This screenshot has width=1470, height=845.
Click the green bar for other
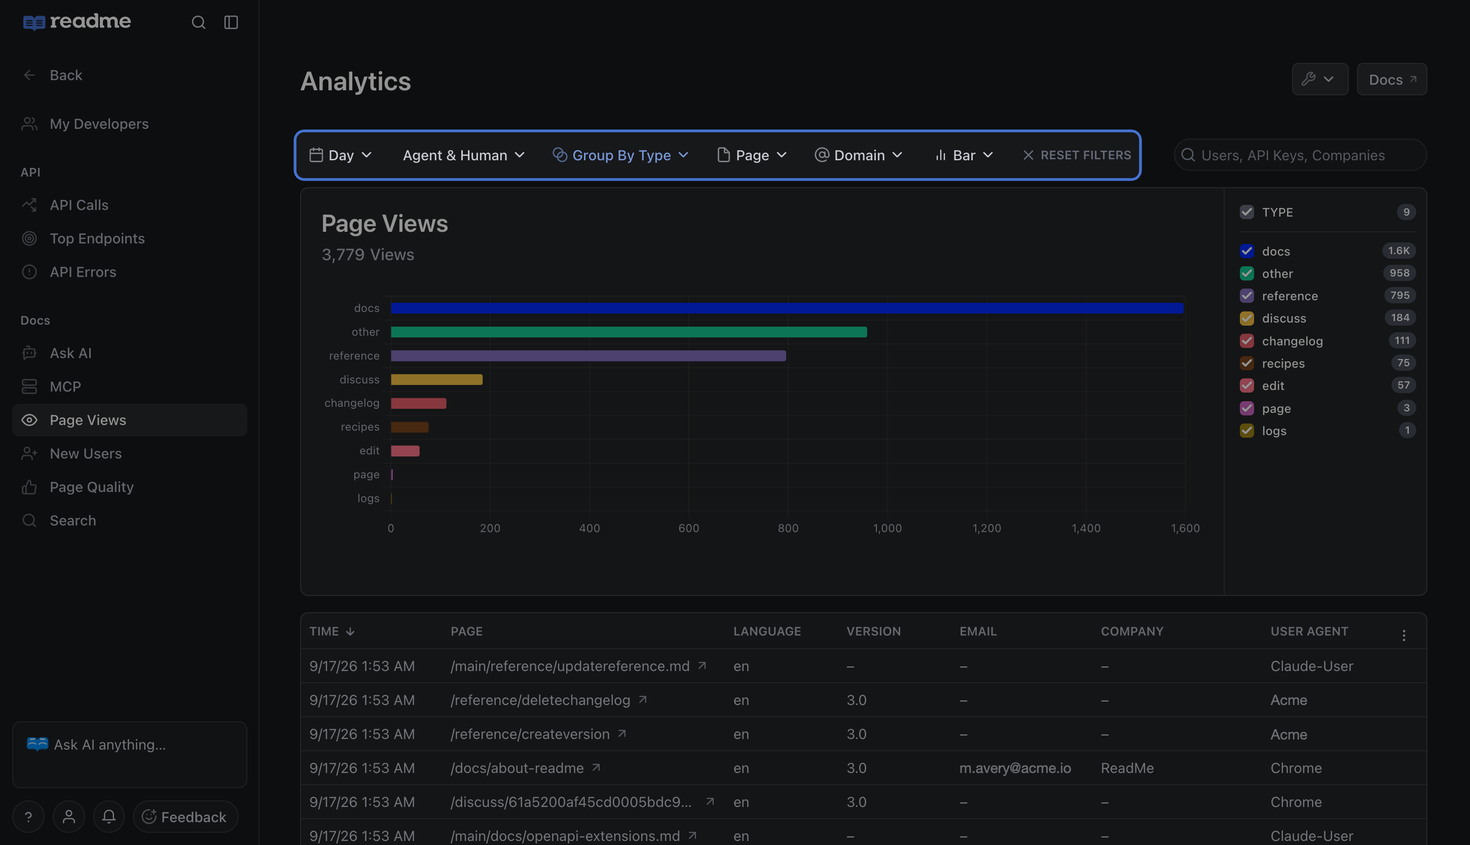click(x=629, y=332)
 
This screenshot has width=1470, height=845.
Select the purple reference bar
click(x=589, y=356)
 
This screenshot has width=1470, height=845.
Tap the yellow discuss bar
click(x=436, y=379)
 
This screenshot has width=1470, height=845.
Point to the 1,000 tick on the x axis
click(x=887, y=528)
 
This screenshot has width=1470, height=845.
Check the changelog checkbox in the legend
click(x=1247, y=341)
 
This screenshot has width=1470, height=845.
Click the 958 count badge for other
click(x=1399, y=273)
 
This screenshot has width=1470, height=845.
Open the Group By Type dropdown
click(x=620, y=155)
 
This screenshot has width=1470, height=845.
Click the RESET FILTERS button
click(x=1077, y=155)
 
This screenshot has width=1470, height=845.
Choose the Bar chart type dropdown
click(x=964, y=155)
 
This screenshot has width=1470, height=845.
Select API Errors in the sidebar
click(x=83, y=272)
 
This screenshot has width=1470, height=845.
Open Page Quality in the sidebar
click(x=92, y=487)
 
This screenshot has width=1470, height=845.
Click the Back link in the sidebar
click(x=65, y=75)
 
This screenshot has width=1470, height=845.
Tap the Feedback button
click(x=186, y=817)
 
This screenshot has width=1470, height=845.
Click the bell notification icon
click(x=108, y=817)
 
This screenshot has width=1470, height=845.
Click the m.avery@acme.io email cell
click(x=1015, y=768)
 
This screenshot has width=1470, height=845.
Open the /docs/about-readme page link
click(x=517, y=768)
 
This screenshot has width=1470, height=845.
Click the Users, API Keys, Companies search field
click(x=1300, y=155)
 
